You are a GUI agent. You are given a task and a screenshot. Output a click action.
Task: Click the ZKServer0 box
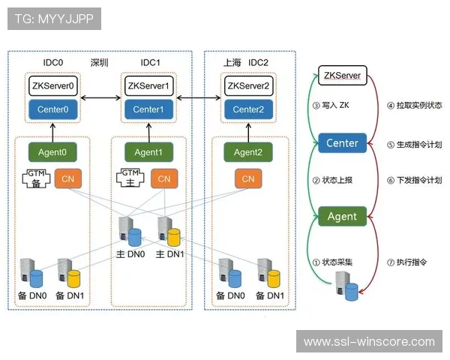(x=52, y=85)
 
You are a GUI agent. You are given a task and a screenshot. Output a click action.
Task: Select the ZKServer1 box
(x=149, y=85)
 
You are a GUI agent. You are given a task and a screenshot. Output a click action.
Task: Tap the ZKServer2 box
(x=247, y=85)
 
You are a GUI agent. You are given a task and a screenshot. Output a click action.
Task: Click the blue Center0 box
(x=52, y=109)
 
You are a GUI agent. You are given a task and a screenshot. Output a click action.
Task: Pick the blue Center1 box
(x=149, y=109)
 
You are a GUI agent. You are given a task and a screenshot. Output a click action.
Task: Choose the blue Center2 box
(x=247, y=109)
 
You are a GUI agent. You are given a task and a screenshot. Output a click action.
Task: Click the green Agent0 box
(x=52, y=152)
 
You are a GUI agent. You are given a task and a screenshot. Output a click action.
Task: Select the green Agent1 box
(x=149, y=152)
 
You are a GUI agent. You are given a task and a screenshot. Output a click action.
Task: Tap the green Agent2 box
(x=247, y=152)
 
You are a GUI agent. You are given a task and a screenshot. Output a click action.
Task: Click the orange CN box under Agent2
(x=247, y=178)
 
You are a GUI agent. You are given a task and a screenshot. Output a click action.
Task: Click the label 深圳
(x=100, y=61)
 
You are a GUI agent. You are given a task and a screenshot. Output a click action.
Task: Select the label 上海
(x=232, y=61)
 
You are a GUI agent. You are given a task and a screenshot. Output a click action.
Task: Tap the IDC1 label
(x=151, y=61)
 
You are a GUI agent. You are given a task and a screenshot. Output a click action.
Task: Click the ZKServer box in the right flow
(x=341, y=76)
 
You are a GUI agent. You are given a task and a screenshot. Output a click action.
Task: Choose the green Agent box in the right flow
(x=341, y=217)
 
